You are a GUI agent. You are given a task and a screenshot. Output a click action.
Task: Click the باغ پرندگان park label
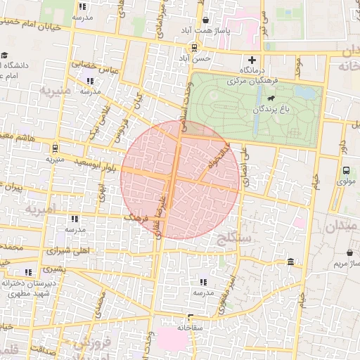(278, 109)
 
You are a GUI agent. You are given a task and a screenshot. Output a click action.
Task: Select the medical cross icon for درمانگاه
(252, 60)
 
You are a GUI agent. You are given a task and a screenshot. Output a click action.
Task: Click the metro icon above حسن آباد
(193, 48)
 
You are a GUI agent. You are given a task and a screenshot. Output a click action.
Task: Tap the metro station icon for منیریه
(54, 148)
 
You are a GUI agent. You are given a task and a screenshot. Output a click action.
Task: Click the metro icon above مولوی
(345, 169)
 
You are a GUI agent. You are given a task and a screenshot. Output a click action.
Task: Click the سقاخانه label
(190, 327)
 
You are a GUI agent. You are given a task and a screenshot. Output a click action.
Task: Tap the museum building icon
(290, 262)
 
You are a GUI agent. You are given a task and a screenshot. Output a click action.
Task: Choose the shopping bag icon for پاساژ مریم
(350, 252)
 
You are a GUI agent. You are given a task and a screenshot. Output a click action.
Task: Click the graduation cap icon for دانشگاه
(5, 55)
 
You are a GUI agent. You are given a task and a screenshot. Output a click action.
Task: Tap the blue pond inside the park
(304, 92)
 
